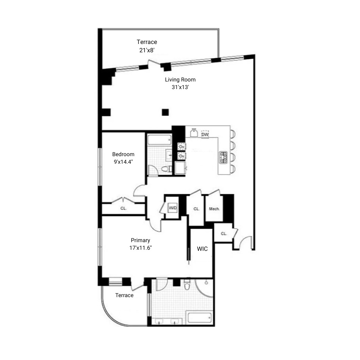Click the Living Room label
(180, 80)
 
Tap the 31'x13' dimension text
(180, 87)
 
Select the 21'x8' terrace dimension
(147, 49)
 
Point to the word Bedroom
(123, 154)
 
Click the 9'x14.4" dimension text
(123, 161)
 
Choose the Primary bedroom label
(140, 240)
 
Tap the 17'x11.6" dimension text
(141, 248)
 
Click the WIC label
(202, 249)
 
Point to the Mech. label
(214, 209)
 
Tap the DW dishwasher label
(205, 135)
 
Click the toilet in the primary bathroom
(187, 285)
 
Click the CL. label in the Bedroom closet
(124, 208)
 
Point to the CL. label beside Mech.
(196, 209)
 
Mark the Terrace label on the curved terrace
(124, 295)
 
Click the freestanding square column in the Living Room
(165, 112)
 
